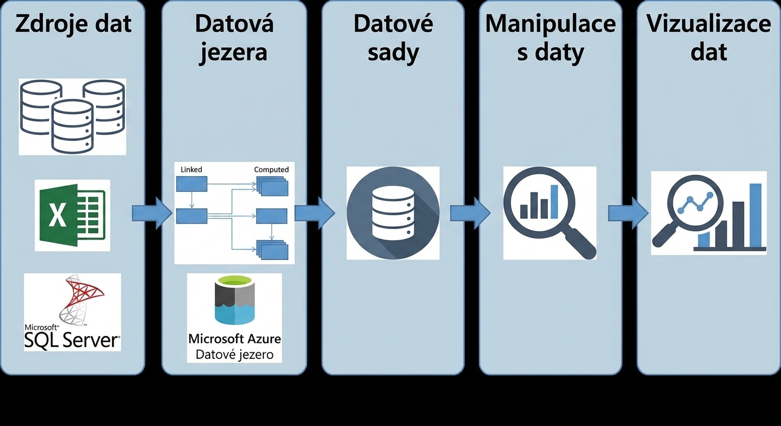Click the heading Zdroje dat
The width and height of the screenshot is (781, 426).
click(x=73, y=24)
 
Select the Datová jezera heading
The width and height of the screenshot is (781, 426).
click(x=234, y=38)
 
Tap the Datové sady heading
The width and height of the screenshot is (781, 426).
click(x=393, y=38)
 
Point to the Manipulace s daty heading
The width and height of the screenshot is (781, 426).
click(x=551, y=38)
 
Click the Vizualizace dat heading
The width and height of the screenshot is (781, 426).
click(x=709, y=38)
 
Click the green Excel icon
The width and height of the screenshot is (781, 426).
click(x=73, y=215)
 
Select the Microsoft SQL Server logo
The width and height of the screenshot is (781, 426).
click(x=73, y=312)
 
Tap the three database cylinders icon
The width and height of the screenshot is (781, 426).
click(x=73, y=117)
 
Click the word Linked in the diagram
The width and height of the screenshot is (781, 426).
click(x=191, y=169)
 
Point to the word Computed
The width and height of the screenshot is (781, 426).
click(x=271, y=169)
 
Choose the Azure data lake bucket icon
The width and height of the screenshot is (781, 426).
click(x=235, y=300)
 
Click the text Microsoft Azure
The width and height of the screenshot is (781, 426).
click(x=235, y=338)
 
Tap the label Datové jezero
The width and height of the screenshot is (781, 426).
click(x=235, y=354)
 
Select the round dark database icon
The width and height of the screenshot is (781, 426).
click(x=393, y=213)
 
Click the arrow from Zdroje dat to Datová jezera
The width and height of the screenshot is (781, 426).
click(x=152, y=214)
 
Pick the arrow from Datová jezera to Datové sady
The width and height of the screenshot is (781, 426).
click(x=315, y=214)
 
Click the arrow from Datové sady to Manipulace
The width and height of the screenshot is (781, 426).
click(x=470, y=214)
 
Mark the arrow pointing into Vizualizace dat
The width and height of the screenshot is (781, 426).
click(x=628, y=214)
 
